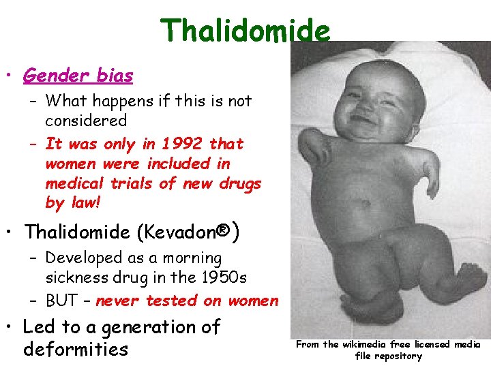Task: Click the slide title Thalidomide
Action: [x=245, y=31]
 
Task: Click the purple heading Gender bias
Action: [x=78, y=76]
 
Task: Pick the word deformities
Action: [x=76, y=350]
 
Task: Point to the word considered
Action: [x=86, y=121]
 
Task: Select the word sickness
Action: [x=77, y=278]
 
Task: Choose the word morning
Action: [x=196, y=258]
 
